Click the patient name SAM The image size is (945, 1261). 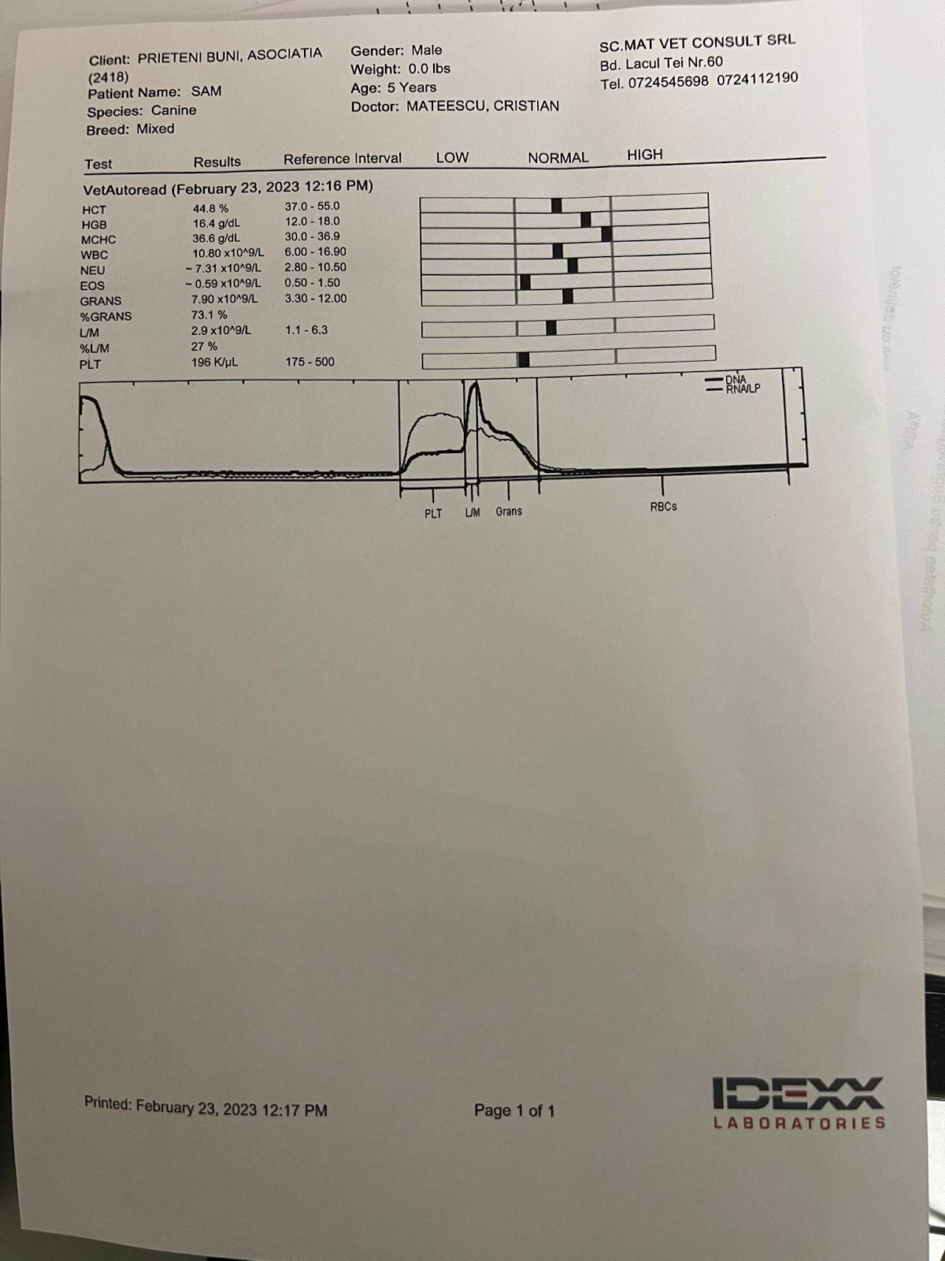point(206,91)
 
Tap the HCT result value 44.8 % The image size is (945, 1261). point(210,209)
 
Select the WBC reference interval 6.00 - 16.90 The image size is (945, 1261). point(315,252)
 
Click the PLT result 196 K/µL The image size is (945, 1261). point(214,363)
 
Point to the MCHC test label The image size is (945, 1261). point(98,240)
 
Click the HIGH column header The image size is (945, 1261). point(644,155)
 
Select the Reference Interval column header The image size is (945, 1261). point(342,159)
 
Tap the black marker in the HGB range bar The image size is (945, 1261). point(585,220)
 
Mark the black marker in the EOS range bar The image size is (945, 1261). point(525,282)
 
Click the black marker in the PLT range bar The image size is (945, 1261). point(524,360)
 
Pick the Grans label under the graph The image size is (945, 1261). point(509,511)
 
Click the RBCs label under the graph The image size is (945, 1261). point(663,507)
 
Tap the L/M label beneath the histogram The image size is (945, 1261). point(472,513)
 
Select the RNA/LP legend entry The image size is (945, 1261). point(743,389)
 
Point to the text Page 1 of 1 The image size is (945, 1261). point(514,1110)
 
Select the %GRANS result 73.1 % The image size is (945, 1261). point(209,315)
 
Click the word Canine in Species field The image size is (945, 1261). point(174,110)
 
